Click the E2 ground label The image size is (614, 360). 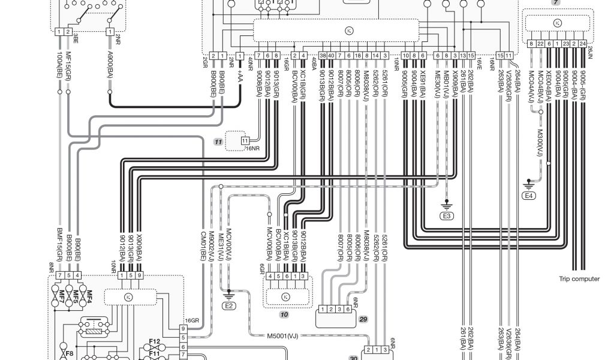click(228, 305)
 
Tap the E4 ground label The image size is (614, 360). click(529, 196)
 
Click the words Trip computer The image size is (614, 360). click(579, 278)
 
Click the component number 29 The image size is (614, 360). click(363, 320)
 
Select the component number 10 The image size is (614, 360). click(285, 314)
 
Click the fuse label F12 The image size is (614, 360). click(155, 341)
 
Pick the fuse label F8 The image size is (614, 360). click(70, 353)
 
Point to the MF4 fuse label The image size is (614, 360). click(88, 295)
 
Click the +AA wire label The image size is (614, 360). click(240, 80)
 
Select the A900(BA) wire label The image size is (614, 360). click(110, 68)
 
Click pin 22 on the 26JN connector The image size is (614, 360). click(540, 43)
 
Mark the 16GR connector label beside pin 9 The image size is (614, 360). click(191, 321)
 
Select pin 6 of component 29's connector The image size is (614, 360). click(348, 309)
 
